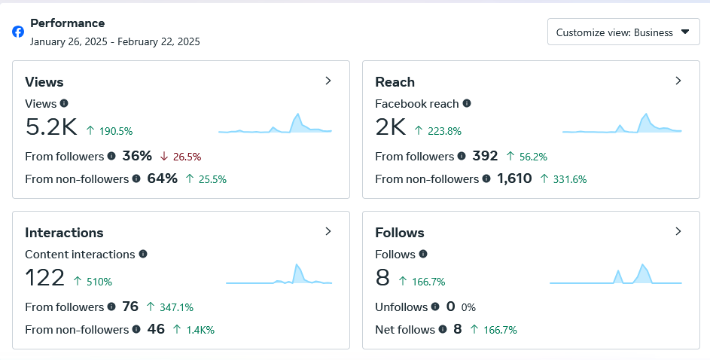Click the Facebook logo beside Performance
(18, 32)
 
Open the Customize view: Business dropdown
(623, 32)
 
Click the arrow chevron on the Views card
(328, 81)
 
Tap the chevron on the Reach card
(678, 81)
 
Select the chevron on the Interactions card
(328, 231)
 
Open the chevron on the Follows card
(678, 231)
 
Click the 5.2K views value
(51, 127)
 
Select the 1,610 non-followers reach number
(514, 178)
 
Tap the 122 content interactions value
(45, 278)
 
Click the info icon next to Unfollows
(435, 307)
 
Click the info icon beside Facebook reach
(467, 103)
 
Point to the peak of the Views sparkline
(297, 114)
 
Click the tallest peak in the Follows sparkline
(642, 264)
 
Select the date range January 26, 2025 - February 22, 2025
(115, 41)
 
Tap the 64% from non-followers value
(162, 178)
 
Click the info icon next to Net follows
(443, 329)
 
